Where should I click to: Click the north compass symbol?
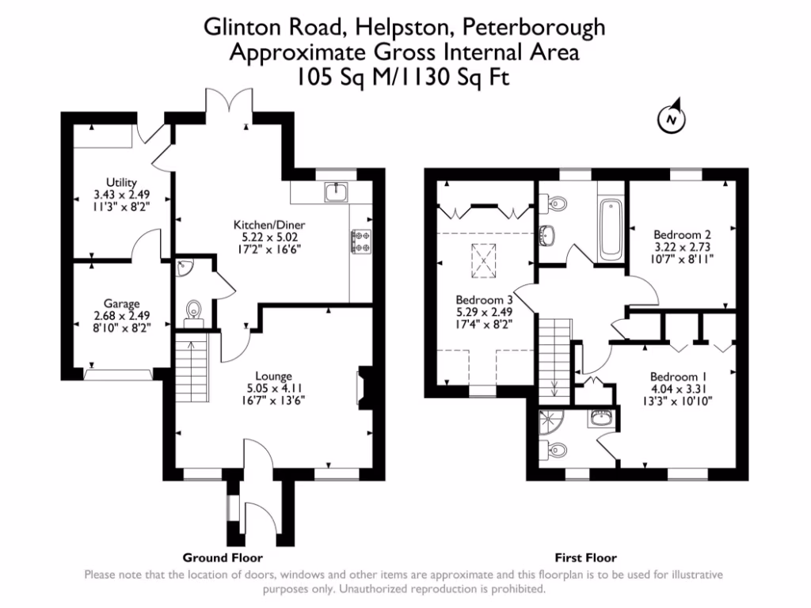coord(672,120)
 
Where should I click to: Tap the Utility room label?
coord(116,182)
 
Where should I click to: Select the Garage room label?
coord(121,302)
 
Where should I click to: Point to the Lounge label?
coord(274,375)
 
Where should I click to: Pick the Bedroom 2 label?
coord(682,234)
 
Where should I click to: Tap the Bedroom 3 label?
coord(485,300)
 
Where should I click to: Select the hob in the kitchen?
coord(362,241)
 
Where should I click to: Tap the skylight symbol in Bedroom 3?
coord(482,256)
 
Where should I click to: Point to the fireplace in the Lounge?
coord(362,388)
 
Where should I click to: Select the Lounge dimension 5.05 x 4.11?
coord(274,388)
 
